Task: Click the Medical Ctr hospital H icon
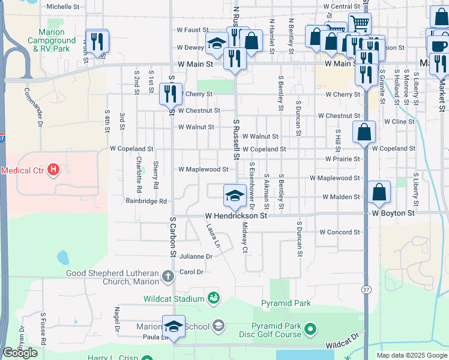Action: (54, 170)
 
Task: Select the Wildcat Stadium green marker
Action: (213, 298)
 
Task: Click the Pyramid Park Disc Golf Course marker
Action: (310, 329)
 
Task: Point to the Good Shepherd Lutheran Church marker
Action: (168, 277)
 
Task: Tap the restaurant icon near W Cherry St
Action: (170, 94)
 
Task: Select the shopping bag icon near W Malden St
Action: (379, 193)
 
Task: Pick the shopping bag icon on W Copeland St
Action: (364, 132)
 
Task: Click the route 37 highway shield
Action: (366, 290)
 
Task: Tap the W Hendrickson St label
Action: (235, 215)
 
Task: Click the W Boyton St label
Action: (393, 213)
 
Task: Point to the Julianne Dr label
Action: (196, 256)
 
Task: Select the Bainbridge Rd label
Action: (146, 202)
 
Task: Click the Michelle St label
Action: (63, 7)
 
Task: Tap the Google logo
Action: (20, 353)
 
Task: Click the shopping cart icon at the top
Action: (360, 23)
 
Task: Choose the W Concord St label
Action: (339, 232)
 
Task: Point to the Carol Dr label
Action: (192, 272)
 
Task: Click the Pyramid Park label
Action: (286, 304)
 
